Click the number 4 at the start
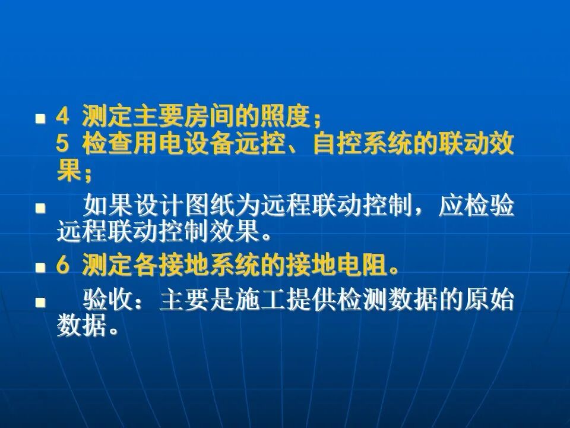(63, 117)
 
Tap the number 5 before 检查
(63, 144)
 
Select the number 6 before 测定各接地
(63, 266)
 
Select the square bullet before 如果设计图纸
(40, 208)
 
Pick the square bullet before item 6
(40, 267)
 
